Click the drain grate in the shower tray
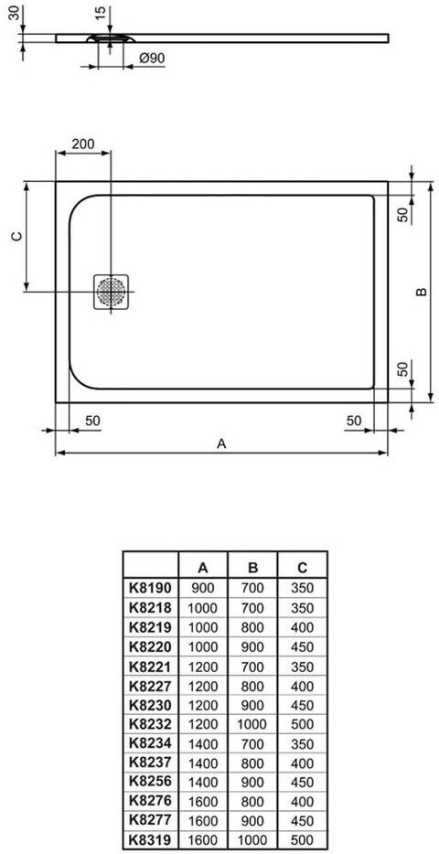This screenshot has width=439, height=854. coord(111,292)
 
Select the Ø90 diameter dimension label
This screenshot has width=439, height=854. coord(152,59)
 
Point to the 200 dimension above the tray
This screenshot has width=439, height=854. coord(83,144)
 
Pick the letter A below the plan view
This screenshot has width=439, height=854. coord(221,443)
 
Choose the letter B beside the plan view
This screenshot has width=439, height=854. coord(421,292)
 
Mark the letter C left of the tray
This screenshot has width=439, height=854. coord(16,236)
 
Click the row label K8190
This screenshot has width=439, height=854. coord(150,588)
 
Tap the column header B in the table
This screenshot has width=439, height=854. coord(252,568)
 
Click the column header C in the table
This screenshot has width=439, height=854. coord(303,568)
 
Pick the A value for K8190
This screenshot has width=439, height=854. coord(203,588)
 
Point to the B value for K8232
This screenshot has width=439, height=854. coord(252,725)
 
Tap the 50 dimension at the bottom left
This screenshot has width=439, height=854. coord(92,420)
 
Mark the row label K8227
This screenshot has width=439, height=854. coord(150,686)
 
